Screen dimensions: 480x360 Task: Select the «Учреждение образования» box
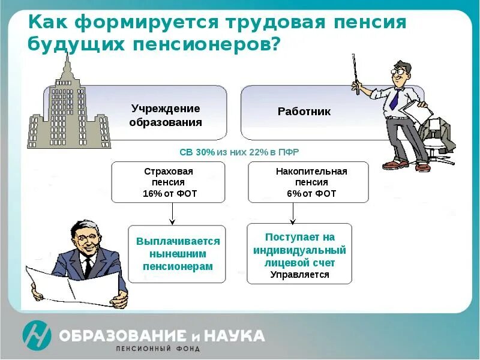pyautogui.click(x=166, y=114)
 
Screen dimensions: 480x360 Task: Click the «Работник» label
pyautogui.click(x=304, y=112)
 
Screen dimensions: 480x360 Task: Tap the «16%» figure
pyautogui.click(x=154, y=194)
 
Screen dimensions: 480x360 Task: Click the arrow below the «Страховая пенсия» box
pyautogui.click(x=172, y=213)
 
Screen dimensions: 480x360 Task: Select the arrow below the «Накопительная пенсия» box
pyautogui.click(x=293, y=213)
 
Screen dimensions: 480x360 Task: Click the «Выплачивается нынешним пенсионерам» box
pyautogui.click(x=178, y=254)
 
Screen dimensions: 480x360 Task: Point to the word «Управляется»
pyautogui.click(x=299, y=275)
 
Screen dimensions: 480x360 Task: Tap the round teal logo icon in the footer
pyautogui.click(x=37, y=335)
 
